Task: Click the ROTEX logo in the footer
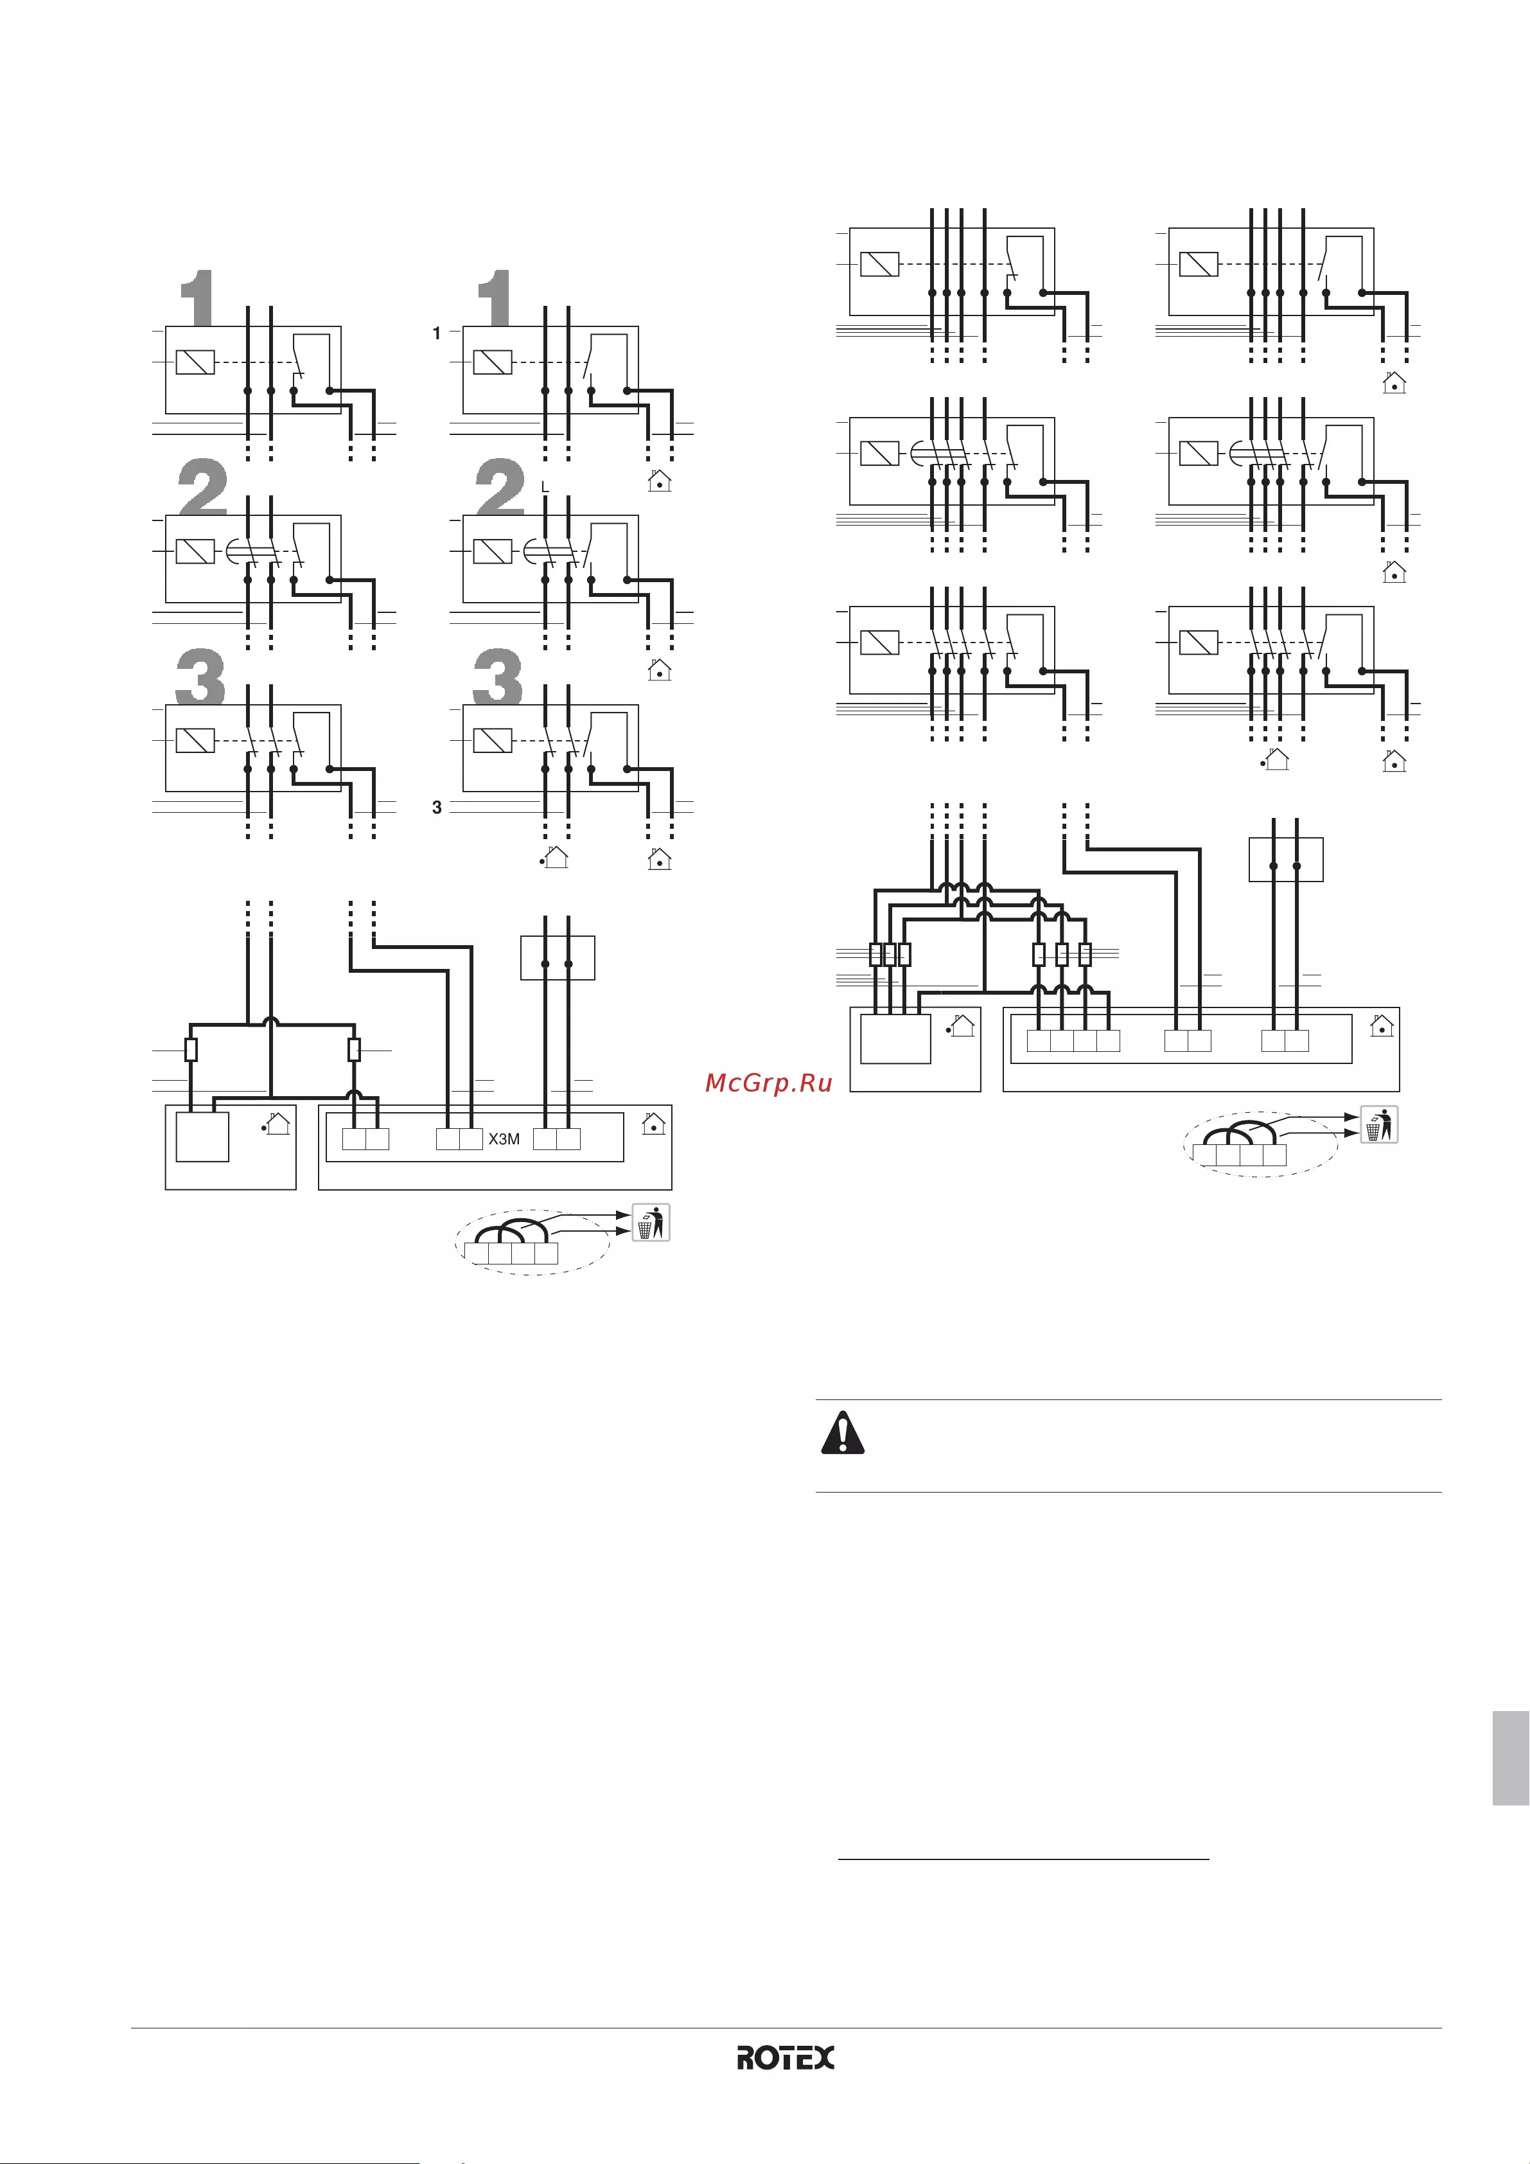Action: pos(785,2057)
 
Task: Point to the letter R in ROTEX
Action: pos(745,2057)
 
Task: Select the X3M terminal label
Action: pos(504,1139)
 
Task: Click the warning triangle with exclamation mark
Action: pos(842,1433)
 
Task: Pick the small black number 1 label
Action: pos(436,333)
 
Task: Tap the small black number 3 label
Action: pos(436,807)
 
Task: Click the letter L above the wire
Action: pos(545,487)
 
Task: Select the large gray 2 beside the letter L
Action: pos(499,486)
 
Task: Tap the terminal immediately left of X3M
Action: pos(471,1139)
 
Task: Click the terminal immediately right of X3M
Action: pos(545,1139)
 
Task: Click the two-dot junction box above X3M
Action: pos(558,957)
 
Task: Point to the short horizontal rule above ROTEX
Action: pos(1023,1859)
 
